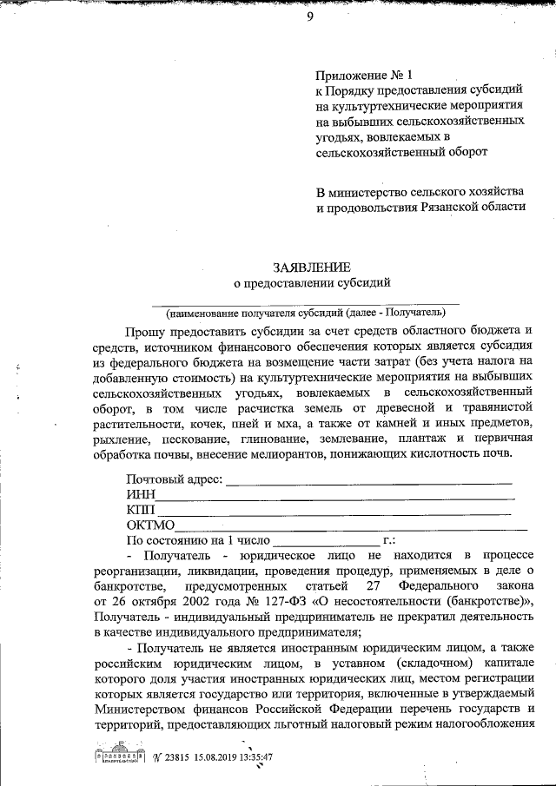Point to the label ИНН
coord(140,494)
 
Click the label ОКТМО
coord(151,524)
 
